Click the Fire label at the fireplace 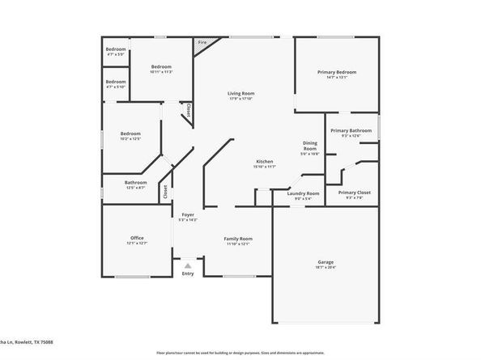pyautogui.click(x=202, y=43)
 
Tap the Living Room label pyautogui.click(x=240, y=94)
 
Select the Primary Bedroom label pyautogui.click(x=336, y=72)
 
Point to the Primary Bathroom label pyautogui.click(x=351, y=130)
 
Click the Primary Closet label pyautogui.click(x=354, y=192)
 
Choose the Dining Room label pyautogui.click(x=310, y=146)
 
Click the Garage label pyautogui.click(x=326, y=263)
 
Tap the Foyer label pyautogui.click(x=187, y=214)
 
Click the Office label pyautogui.click(x=136, y=238)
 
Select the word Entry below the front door pyautogui.click(x=188, y=273)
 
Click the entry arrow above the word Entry pyautogui.click(x=188, y=265)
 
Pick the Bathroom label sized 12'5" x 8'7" pyautogui.click(x=136, y=182)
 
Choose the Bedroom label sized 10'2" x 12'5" pyautogui.click(x=131, y=133)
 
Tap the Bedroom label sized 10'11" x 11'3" pyautogui.click(x=161, y=66)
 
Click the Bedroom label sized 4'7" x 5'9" pyautogui.click(x=116, y=50)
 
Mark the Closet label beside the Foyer pyautogui.click(x=165, y=191)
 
